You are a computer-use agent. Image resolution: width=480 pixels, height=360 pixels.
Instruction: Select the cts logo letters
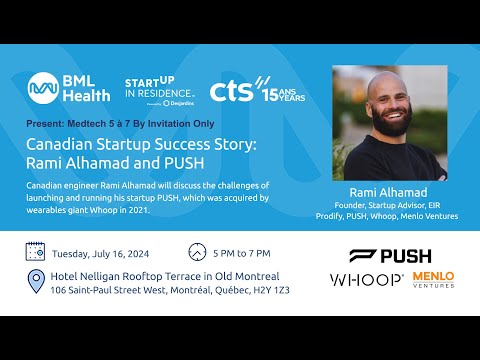[x=233, y=89]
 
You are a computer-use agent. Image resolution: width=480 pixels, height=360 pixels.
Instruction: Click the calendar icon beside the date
[x=36, y=252]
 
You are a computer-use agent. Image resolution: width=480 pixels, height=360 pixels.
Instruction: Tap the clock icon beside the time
[x=197, y=252]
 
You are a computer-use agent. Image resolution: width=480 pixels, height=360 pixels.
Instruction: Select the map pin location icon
[x=37, y=281]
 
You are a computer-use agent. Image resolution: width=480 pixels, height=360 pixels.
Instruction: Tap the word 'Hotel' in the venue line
[x=74, y=276]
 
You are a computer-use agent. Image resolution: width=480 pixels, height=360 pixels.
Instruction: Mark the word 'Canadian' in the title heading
[x=59, y=144]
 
